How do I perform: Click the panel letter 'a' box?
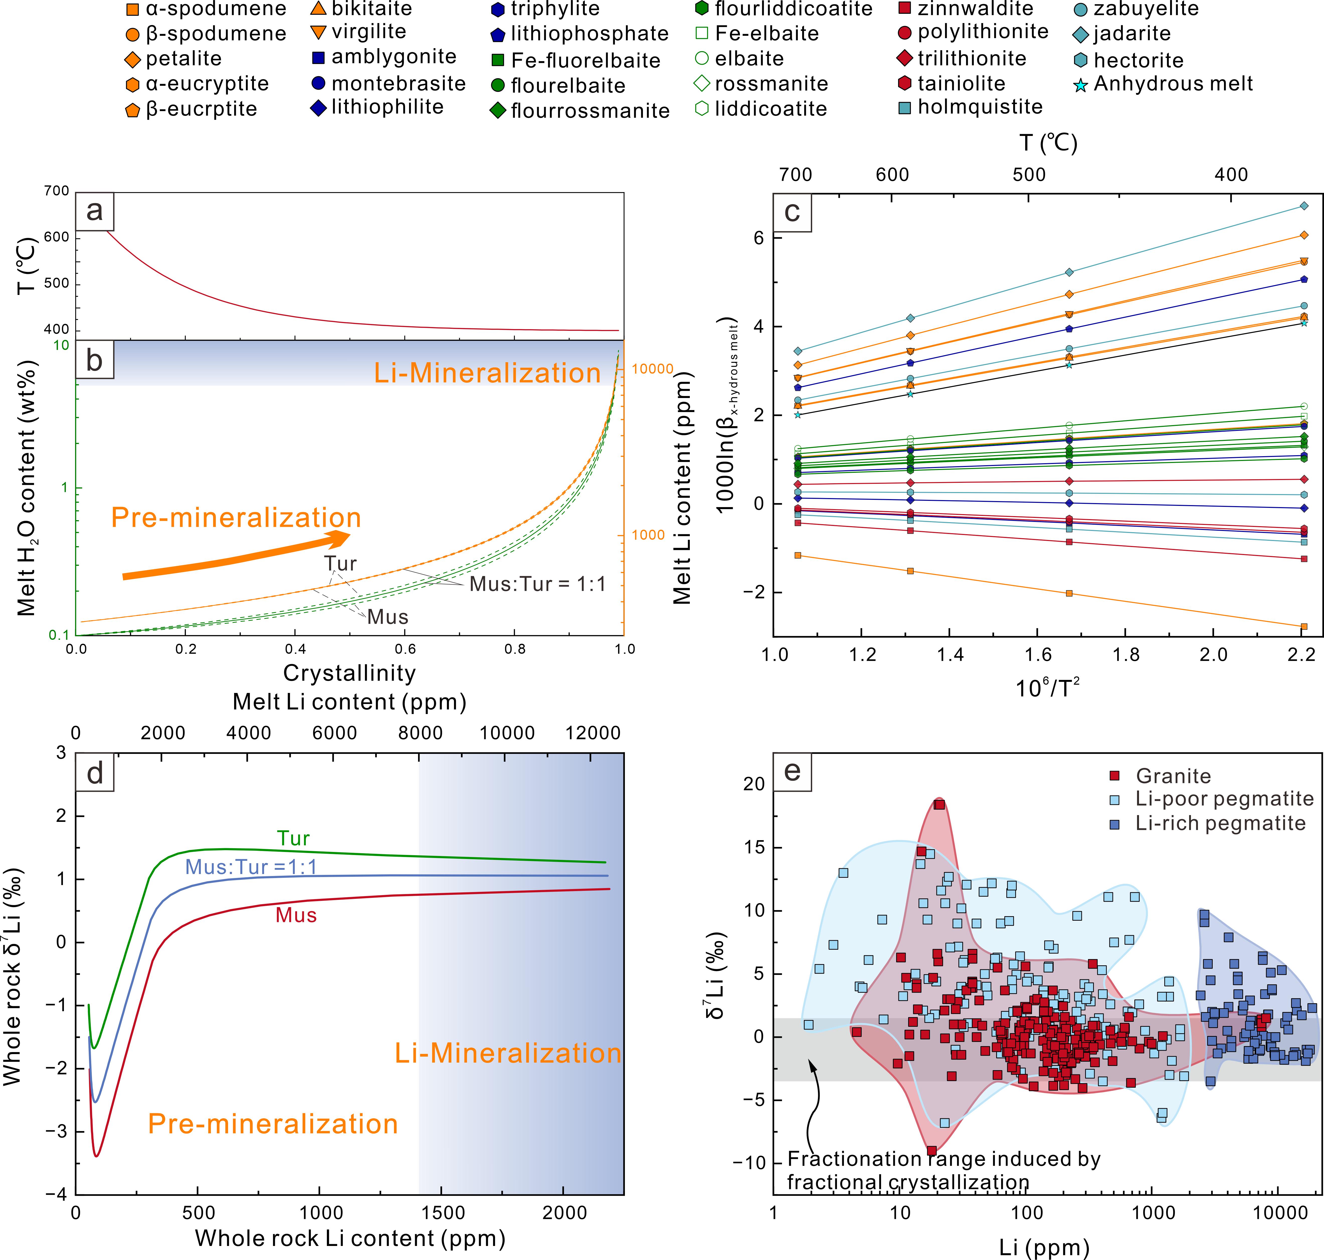click(95, 211)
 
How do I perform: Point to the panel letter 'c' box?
click(792, 212)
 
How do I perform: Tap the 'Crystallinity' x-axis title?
click(349, 673)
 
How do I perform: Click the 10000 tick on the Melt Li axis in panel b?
click(652, 369)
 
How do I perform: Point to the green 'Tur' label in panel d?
click(294, 838)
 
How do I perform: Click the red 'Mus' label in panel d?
click(296, 915)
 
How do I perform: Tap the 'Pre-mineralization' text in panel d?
click(272, 1124)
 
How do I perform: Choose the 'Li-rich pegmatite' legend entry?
click(1220, 823)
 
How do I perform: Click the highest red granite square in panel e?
click(939, 805)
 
